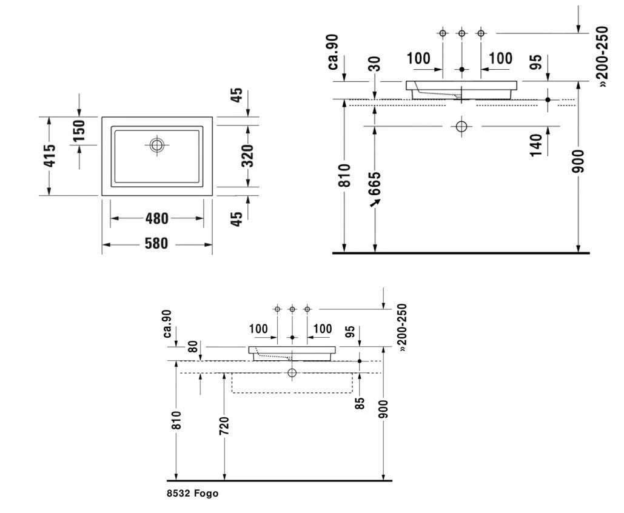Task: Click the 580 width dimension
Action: tap(156, 243)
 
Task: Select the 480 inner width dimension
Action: tap(157, 218)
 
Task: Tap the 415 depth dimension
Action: tap(50, 156)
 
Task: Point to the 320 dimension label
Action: tap(247, 156)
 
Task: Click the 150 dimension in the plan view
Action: tap(79, 130)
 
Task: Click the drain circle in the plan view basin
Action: tap(157, 145)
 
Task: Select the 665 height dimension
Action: tap(375, 184)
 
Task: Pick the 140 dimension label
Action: tap(536, 146)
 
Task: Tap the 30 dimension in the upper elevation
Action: tap(375, 64)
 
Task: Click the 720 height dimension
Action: tap(224, 426)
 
